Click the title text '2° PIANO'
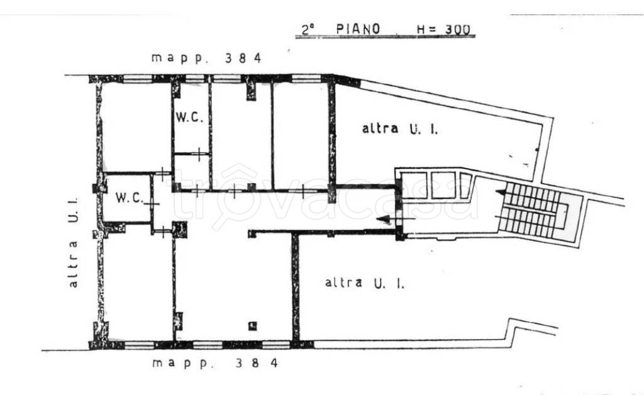pyautogui.click(x=341, y=29)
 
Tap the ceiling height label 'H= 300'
pyautogui.click(x=443, y=30)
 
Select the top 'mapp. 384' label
pyautogui.click(x=206, y=58)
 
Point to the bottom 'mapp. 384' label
pyautogui.click(x=215, y=363)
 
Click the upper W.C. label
pyautogui.click(x=189, y=117)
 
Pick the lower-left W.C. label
pyautogui.click(x=130, y=197)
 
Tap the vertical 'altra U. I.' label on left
pyautogui.click(x=73, y=243)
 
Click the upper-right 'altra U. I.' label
pyautogui.click(x=400, y=128)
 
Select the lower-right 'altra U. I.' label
pyautogui.click(x=364, y=283)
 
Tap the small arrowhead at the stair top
pyautogui.click(x=500, y=192)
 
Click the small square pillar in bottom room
pyautogui.click(x=253, y=326)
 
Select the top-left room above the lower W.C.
pyautogui.click(x=136, y=127)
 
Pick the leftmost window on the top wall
pyautogui.click(x=138, y=79)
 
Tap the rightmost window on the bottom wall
pyautogui.click(x=275, y=345)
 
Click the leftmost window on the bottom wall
pyautogui.click(x=138, y=345)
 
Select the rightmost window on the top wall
pyautogui.click(x=306, y=79)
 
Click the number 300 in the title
pyautogui.click(x=457, y=30)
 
